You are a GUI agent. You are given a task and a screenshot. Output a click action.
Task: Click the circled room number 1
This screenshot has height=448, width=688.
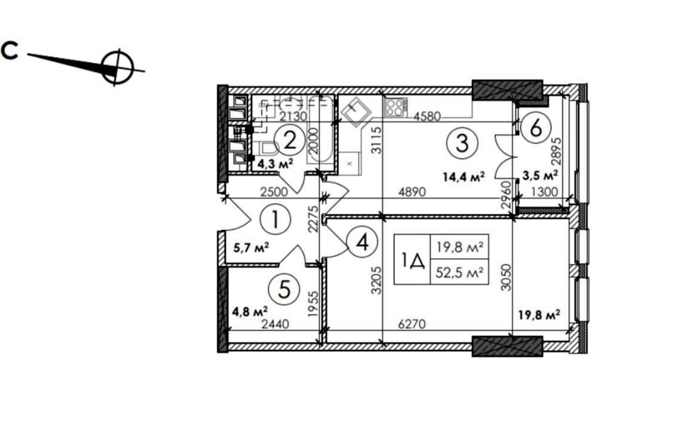coord(275,220)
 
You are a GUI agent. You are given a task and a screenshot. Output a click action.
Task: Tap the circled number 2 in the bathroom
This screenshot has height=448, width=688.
coord(289,141)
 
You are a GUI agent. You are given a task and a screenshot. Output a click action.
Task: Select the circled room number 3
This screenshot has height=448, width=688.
coord(461,143)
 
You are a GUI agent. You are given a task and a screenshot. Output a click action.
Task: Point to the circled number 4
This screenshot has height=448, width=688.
coord(362,242)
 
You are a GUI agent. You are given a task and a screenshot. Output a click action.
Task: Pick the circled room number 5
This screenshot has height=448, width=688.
coord(285,290)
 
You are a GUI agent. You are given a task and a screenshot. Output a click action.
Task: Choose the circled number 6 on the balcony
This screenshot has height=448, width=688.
coord(536,128)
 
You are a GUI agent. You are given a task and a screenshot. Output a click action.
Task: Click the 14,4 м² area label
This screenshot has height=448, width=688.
coord(463,177)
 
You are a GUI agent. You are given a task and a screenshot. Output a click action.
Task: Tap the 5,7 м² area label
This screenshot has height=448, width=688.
coord(251,248)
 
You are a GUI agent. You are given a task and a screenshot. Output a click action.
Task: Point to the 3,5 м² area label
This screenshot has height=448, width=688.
coord(540,176)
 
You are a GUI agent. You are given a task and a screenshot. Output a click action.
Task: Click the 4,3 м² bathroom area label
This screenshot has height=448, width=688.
coord(275,164)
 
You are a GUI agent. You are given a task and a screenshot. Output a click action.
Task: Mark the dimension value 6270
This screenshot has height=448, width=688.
coord(412,324)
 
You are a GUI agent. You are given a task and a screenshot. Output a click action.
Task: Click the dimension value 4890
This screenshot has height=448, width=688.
coord(412,192)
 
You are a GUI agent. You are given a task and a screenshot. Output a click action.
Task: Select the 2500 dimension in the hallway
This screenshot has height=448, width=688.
coord(274,192)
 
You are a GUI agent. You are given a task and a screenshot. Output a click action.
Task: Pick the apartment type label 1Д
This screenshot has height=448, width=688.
coord(412,260)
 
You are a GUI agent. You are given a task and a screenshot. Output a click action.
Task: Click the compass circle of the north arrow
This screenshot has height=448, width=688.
coord(117,68)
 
